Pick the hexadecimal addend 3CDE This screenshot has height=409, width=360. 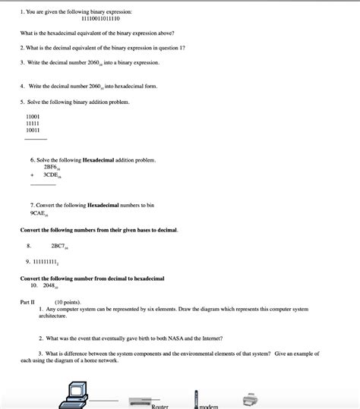pyautogui.click(x=52, y=175)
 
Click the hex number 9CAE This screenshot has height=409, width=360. pyautogui.click(x=39, y=213)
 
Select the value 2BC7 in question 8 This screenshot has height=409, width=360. pyautogui.click(x=59, y=247)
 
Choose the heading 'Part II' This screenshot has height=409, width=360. pyautogui.click(x=27, y=302)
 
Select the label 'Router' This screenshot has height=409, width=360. pyautogui.click(x=159, y=407)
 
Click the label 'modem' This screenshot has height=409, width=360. pyautogui.click(x=208, y=407)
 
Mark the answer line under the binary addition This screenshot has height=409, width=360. pyautogui.click(x=36, y=140)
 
